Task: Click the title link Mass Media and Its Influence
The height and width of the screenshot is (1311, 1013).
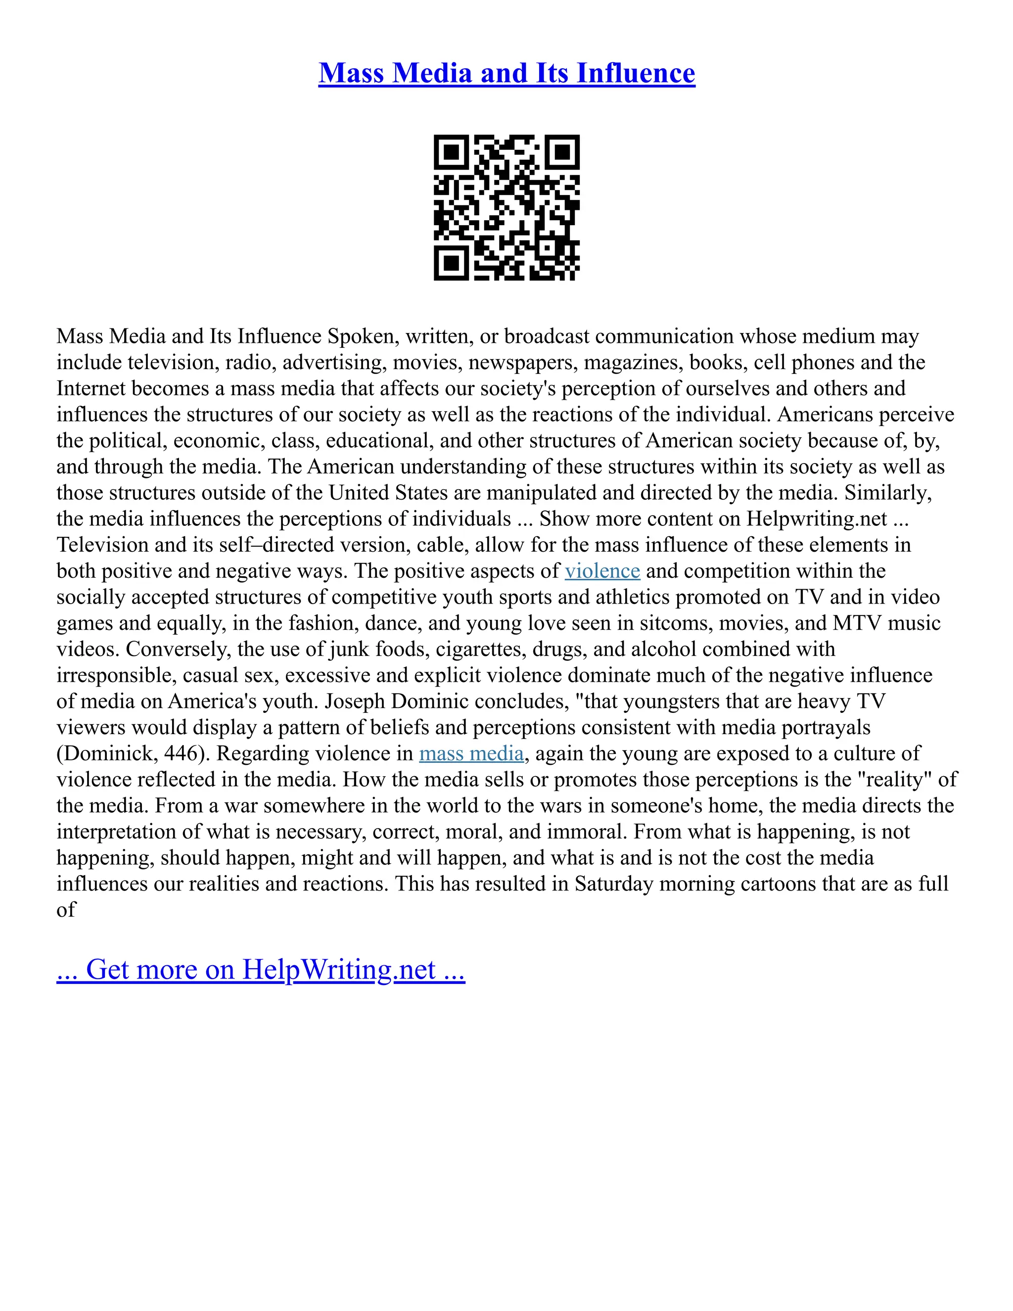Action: (x=506, y=73)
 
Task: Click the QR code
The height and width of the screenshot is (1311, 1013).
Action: (x=506, y=208)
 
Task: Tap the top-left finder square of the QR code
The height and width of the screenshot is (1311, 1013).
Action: (x=450, y=151)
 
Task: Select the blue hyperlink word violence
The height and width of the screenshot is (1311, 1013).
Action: (x=602, y=571)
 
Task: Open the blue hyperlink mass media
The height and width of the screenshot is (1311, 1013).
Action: (x=471, y=753)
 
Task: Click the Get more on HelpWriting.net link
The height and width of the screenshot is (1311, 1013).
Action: (x=261, y=970)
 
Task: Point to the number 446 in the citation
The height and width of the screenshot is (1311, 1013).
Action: (x=178, y=753)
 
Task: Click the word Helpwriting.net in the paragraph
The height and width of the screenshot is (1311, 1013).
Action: (x=816, y=518)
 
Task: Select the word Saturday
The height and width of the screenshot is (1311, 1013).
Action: (x=613, y=884)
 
